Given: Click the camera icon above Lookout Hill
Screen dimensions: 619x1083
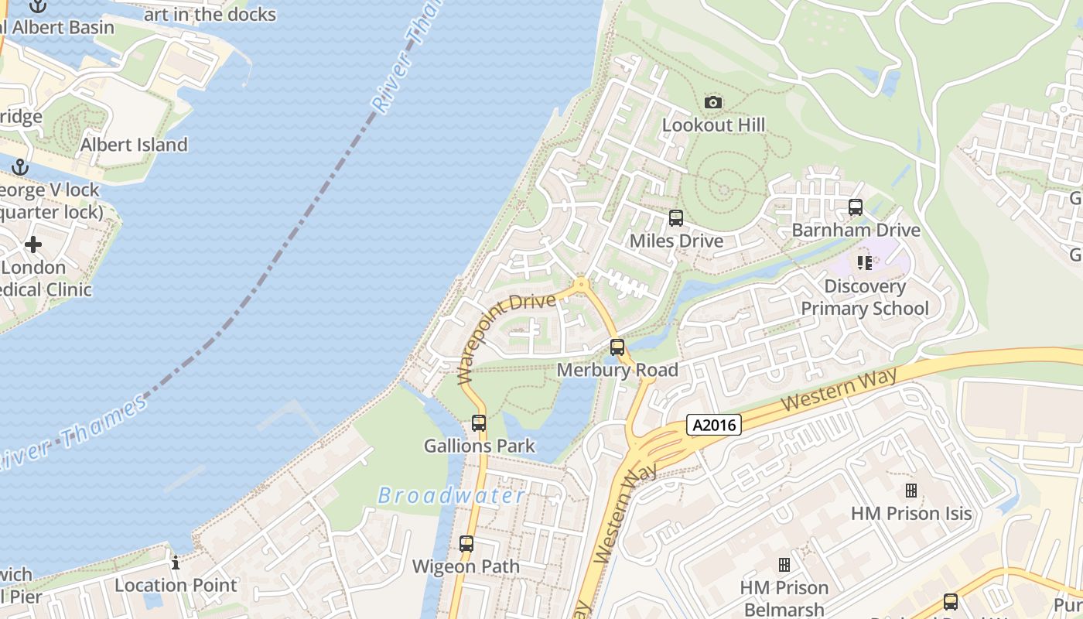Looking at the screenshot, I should tap(713, 102).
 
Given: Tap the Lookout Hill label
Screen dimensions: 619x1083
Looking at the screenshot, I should tap(713, 125).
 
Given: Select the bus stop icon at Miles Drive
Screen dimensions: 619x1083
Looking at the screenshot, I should tap(676, 218).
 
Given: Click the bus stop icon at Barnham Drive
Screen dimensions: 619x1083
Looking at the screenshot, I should tap(855, 207).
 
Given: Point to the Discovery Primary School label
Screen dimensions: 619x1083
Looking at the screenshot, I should tap(864, 298).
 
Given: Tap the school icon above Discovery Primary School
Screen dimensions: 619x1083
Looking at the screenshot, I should tap(865, 263).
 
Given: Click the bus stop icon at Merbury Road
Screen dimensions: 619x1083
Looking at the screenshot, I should tap(617, 347).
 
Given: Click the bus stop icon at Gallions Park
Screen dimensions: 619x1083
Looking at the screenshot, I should tap(479, 423).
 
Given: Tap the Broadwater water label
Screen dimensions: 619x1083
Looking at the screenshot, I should tap(452, 496).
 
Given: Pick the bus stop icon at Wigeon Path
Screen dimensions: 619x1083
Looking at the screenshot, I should tap(466, 543).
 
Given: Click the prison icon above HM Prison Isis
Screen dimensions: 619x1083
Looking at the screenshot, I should tap(911, 490).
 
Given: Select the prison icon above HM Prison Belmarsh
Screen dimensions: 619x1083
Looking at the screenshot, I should tap(784, 565).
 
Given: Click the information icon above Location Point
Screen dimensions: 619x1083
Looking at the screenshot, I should tap(176, 563).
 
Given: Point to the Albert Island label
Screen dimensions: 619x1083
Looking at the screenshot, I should tap(134, 145).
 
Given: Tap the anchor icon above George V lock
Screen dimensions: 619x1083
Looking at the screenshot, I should tap(20, 167).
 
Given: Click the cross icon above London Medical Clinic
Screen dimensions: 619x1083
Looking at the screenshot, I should tap(32, 245).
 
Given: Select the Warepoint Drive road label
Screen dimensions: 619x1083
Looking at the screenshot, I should tap(507, 337).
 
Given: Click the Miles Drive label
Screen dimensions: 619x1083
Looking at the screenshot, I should tap(676, 241).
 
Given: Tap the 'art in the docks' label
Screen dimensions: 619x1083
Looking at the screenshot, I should tap(210, 15).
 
